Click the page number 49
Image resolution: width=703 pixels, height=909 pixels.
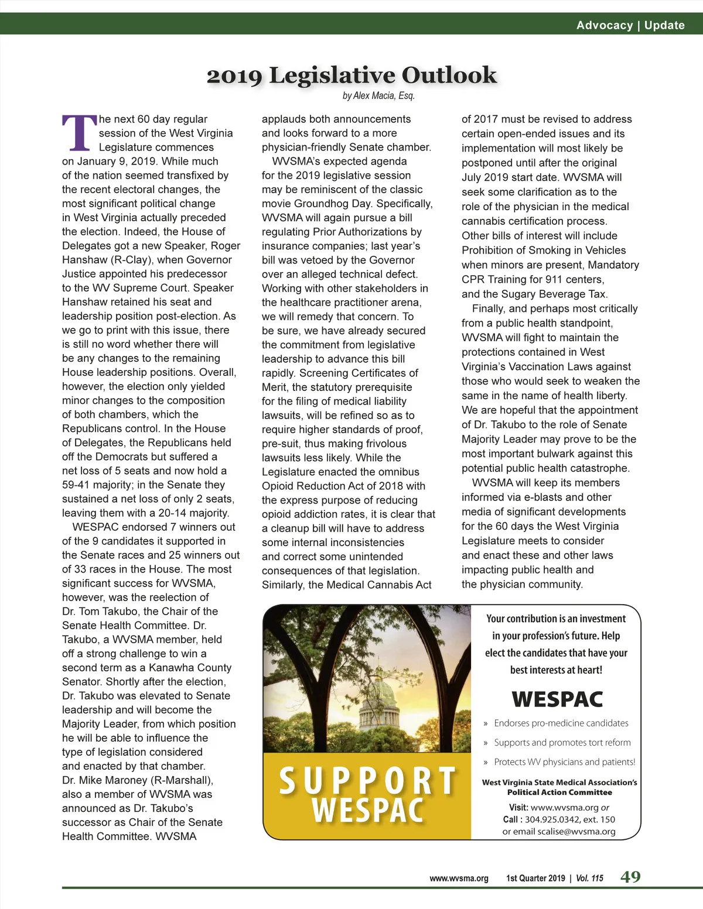pyautogui.click(x=630, y=877)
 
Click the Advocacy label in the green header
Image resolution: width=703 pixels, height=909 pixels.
pyautogui.click(x=605, y=25)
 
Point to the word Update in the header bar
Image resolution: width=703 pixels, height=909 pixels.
pyautogui.click(x=664, y=25)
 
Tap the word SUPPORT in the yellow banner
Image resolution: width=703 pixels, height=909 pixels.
pyautogui.click(x=367, y=780)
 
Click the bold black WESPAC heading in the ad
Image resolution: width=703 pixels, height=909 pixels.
pyautogui.click(x=557, y=699)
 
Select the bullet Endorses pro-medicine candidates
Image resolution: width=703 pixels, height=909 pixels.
pyautogui.click(x=561, y=723)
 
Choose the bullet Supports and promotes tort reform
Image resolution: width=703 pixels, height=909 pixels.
pyautogui.click(x=562, y=743)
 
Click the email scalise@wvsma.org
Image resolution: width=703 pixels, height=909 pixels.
pyautogui.click(x=576, y=832)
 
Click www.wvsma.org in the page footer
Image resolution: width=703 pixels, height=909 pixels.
pyautogui.click(x=459, y=878)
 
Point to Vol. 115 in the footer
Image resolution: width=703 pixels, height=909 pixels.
pyautogui.click(x=589, y=878)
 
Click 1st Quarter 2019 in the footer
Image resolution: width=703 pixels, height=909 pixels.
pyautogui.click(x=535, y=878)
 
